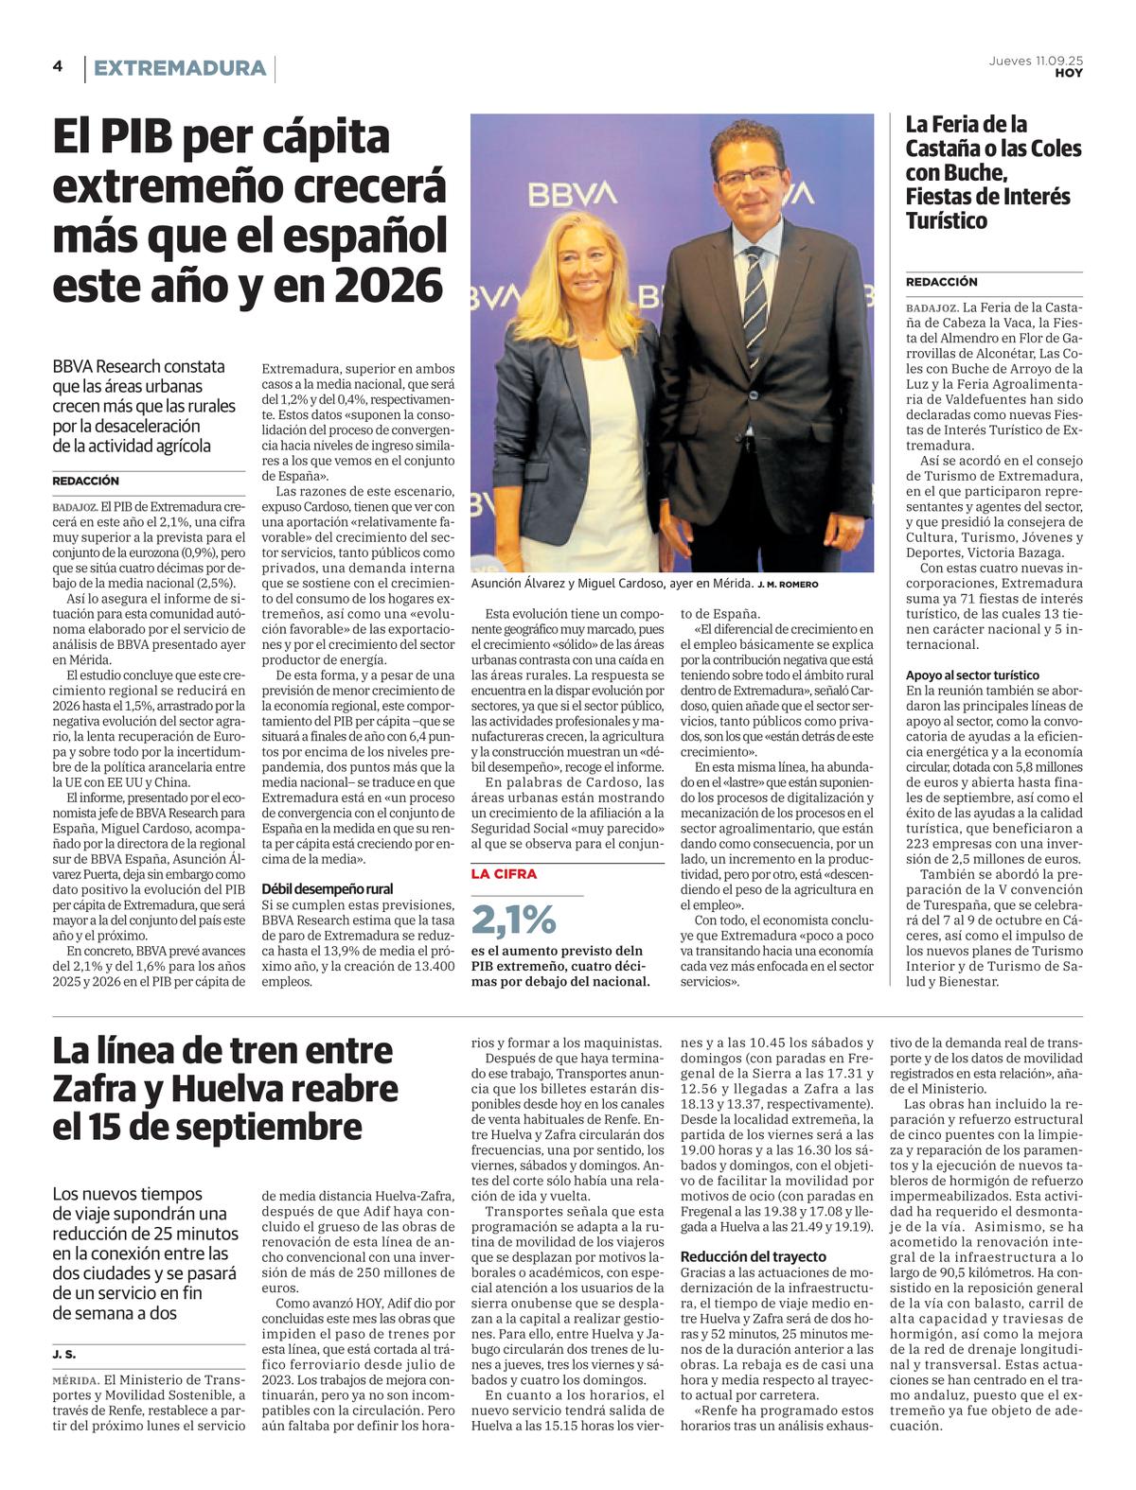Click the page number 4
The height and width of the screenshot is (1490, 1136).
pos(58,66)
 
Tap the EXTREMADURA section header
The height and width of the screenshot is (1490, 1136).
pos(179,68)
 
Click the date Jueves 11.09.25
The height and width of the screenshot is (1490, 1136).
pos(1036,60)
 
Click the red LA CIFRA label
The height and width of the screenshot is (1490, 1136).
pos(504,874)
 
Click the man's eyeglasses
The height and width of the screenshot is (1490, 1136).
pos(749,176)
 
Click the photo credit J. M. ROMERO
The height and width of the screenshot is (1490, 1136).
pos(788,585)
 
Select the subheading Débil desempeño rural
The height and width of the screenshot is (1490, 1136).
pos(327,889)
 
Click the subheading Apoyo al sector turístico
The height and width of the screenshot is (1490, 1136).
pos(972,675)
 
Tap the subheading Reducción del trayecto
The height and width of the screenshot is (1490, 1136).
pos(753,1256)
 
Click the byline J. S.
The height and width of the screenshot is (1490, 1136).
pos(64,1355)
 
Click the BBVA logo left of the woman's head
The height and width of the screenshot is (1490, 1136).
pos(572,195)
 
